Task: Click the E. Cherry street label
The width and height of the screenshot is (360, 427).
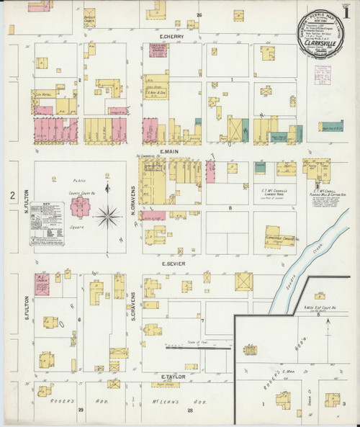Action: pos(174,37)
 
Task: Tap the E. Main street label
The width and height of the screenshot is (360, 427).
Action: pos(170,152)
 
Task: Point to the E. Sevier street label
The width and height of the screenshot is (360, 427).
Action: pos(171,265)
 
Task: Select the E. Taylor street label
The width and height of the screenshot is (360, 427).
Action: pos(174,377)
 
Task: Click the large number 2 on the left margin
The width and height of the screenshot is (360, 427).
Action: pos(12,195)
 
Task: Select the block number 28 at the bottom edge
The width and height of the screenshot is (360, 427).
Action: pos(191,410)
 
